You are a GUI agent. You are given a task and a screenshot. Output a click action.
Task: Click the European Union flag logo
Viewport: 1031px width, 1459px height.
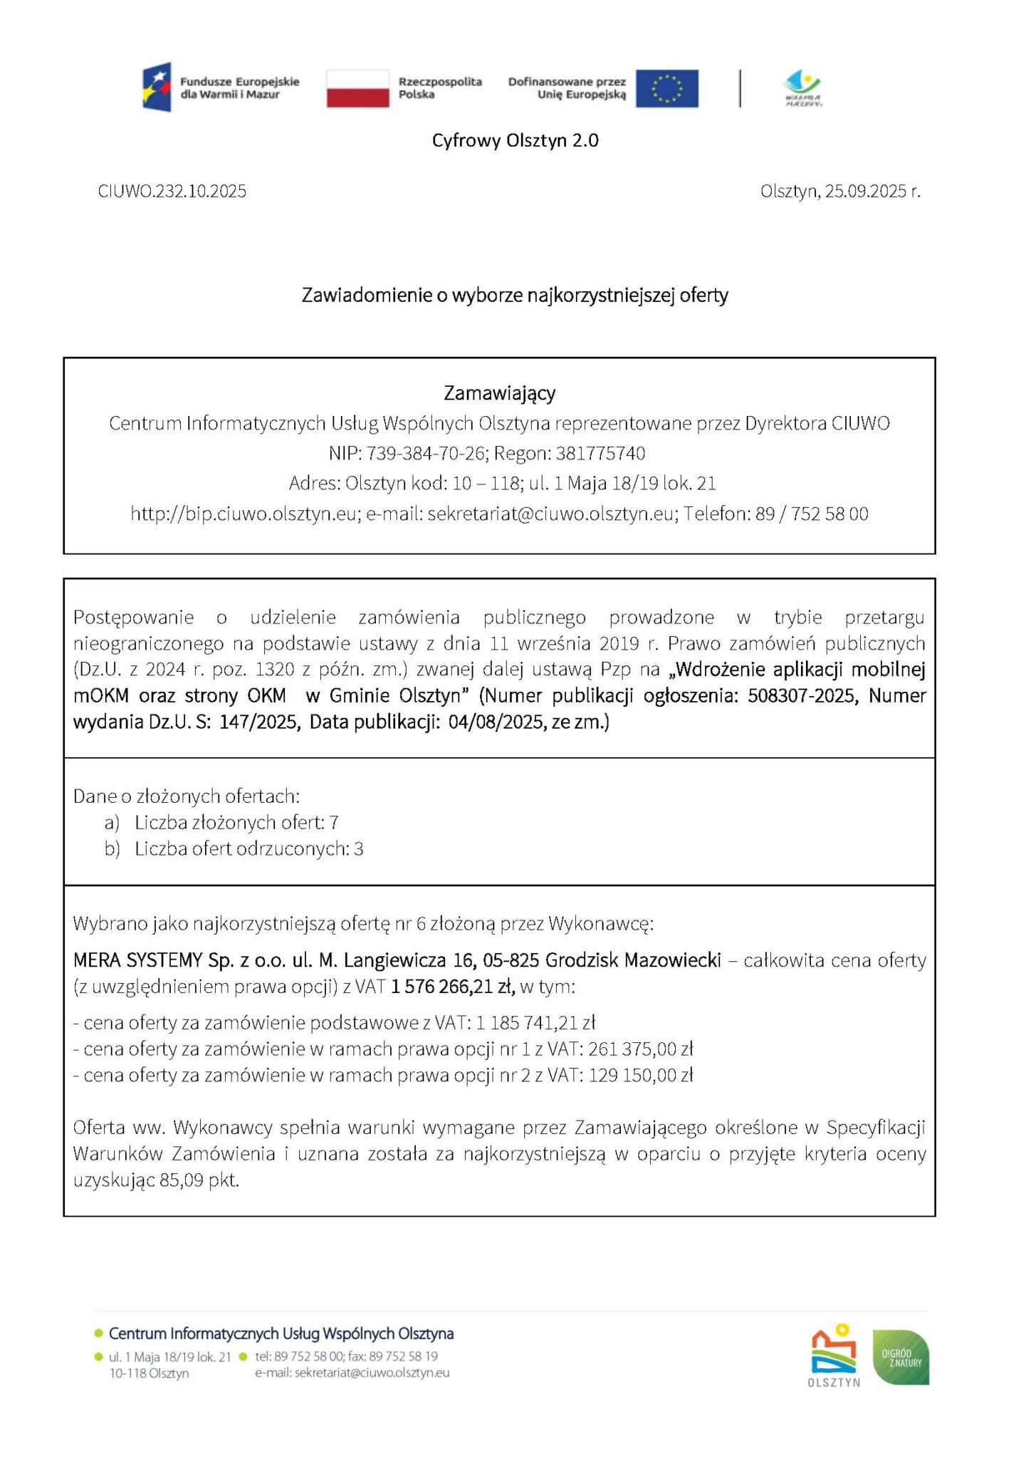coord(666,88)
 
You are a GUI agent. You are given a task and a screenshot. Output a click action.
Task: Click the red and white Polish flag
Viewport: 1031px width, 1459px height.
coord(357,88)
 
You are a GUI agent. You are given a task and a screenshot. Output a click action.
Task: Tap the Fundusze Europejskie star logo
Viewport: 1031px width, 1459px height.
coord(157,87)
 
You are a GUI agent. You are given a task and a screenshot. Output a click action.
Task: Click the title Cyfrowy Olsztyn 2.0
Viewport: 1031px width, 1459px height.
coord(515,140)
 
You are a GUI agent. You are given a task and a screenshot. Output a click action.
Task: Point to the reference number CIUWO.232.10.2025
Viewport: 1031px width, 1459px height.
coord(172,191)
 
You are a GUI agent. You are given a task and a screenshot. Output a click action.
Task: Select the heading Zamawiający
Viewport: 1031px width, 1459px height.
coord(499,393)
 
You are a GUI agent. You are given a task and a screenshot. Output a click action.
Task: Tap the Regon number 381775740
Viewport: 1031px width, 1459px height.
coord(600,453)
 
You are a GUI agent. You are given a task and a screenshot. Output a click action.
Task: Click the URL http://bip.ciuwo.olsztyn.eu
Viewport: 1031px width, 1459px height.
coord(243,514)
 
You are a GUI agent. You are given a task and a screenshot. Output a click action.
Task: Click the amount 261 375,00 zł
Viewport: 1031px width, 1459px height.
coord(640,1049)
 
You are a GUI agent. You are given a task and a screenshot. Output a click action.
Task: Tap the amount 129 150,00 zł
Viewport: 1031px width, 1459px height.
coord(640,1075)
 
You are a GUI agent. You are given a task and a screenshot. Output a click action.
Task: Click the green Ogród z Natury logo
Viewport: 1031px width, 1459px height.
coord(901,1357)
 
